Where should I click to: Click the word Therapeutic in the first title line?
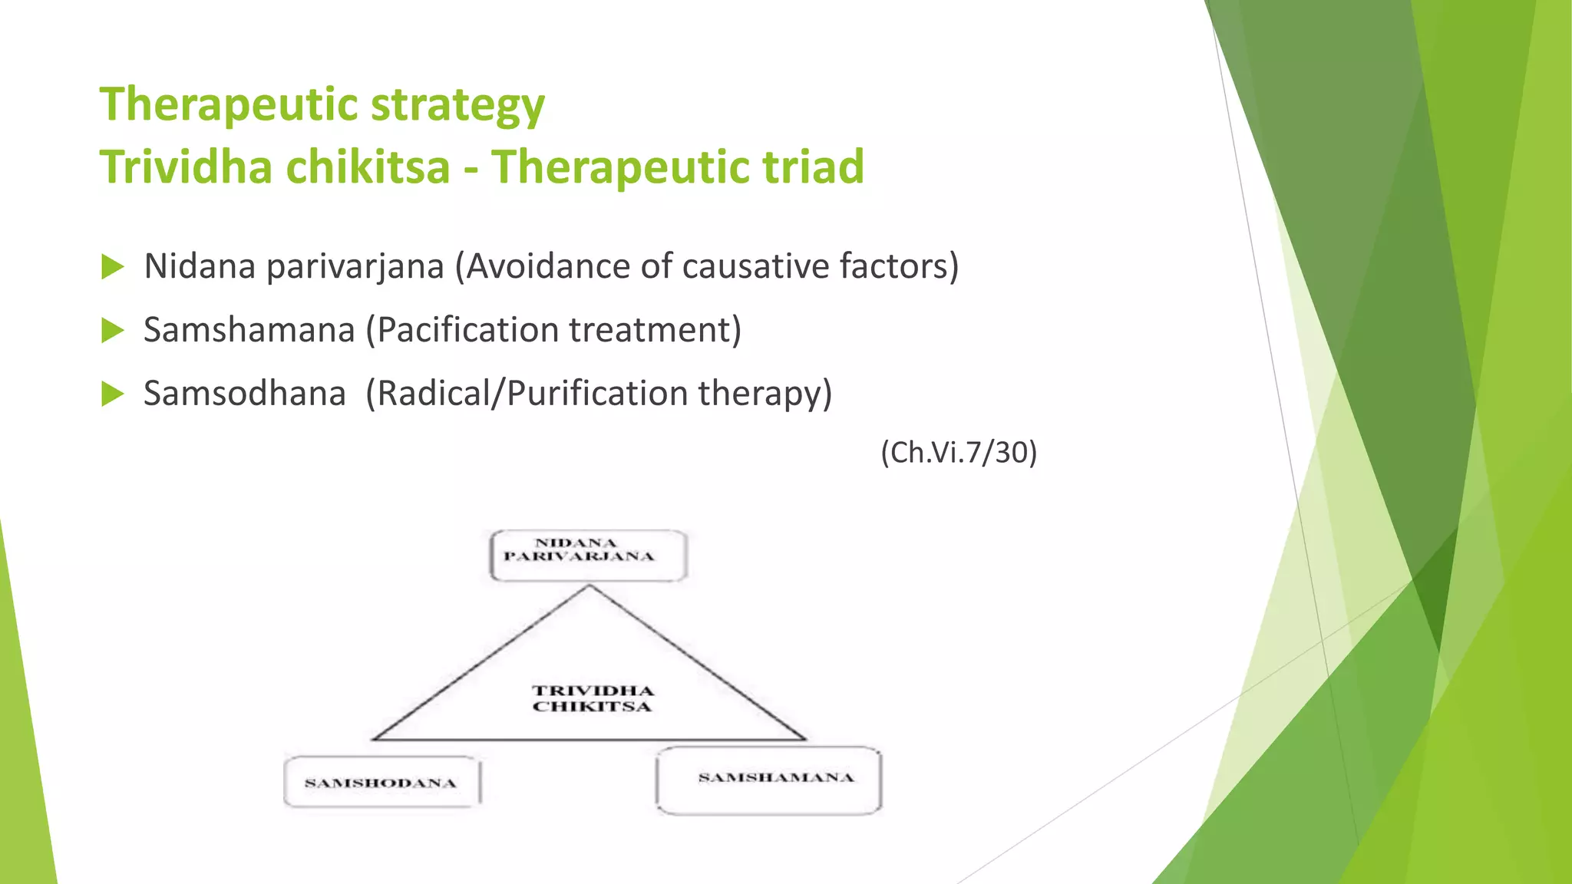[x=229, y=105]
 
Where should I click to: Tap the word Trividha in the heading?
[x=187, y=167]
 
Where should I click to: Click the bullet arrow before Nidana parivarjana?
[x=112, y=267]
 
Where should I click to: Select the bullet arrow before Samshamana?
[x=112, y=331]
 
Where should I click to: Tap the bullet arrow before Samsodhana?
[x=112, y=394]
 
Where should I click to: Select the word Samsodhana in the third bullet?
[x=245, y=394]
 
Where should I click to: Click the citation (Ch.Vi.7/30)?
[x=959, y=453]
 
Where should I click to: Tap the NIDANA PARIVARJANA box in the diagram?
[x=588, y=555]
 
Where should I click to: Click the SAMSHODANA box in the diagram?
[x=381, y=783]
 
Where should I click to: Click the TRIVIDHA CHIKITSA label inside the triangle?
[x=593, y=698]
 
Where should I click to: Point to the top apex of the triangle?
[x=589, y=586]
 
